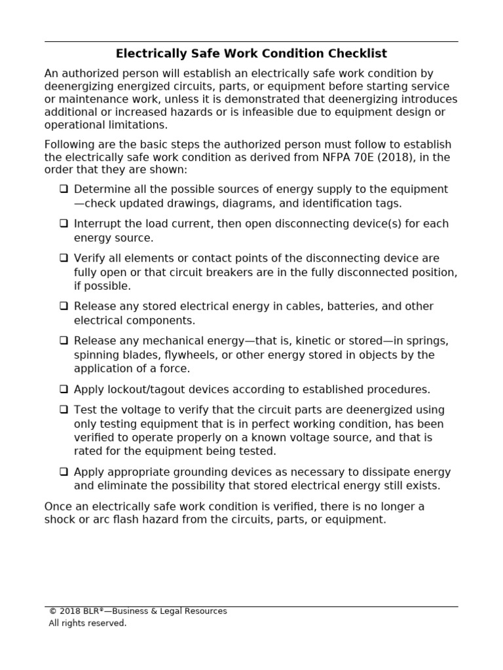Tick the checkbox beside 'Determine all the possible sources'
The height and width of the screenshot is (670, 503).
pyautogui.click(x=64, y=189)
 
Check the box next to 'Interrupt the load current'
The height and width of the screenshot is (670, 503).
pyautogui.click(x=64, y=223)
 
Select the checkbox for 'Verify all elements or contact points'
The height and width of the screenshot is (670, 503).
pyautogui.click(x=64, y=258)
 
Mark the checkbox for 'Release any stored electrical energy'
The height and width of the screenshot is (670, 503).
pyautogui.click(x=64, y=306)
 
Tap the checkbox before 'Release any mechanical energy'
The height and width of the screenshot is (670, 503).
pyautogui.click(x=64, y=340)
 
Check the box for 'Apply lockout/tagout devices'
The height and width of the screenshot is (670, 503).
pyautogui.click(x=64, y=389)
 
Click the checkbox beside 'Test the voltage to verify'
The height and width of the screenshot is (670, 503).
pyautogui.click(x=64, y=410)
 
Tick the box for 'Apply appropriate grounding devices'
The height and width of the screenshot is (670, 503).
pyautogui.click(x=64, y=471)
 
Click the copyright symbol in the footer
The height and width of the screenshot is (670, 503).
pyautogui.click(x=52, y=611)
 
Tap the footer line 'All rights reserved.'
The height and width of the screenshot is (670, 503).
pyautogui.click(x=87, y=624)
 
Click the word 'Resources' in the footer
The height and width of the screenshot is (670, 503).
pyautogui.click(x=202, y=611)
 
